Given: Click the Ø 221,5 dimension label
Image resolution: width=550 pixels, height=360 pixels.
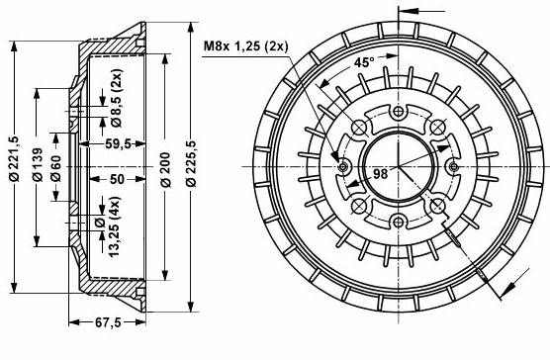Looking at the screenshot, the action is (15, 158).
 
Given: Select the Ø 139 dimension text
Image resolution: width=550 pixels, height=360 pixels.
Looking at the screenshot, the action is (38, 164).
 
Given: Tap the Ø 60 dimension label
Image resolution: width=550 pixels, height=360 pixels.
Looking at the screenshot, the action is (55, 168).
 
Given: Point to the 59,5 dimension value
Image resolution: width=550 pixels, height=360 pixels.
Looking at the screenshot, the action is (118, 143).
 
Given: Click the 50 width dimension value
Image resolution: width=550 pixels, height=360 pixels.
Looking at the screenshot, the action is (117, 179).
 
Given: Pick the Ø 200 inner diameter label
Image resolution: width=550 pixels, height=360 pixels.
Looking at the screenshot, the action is (165, 170).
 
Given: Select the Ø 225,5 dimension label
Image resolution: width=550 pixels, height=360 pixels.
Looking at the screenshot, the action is (191, 163).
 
